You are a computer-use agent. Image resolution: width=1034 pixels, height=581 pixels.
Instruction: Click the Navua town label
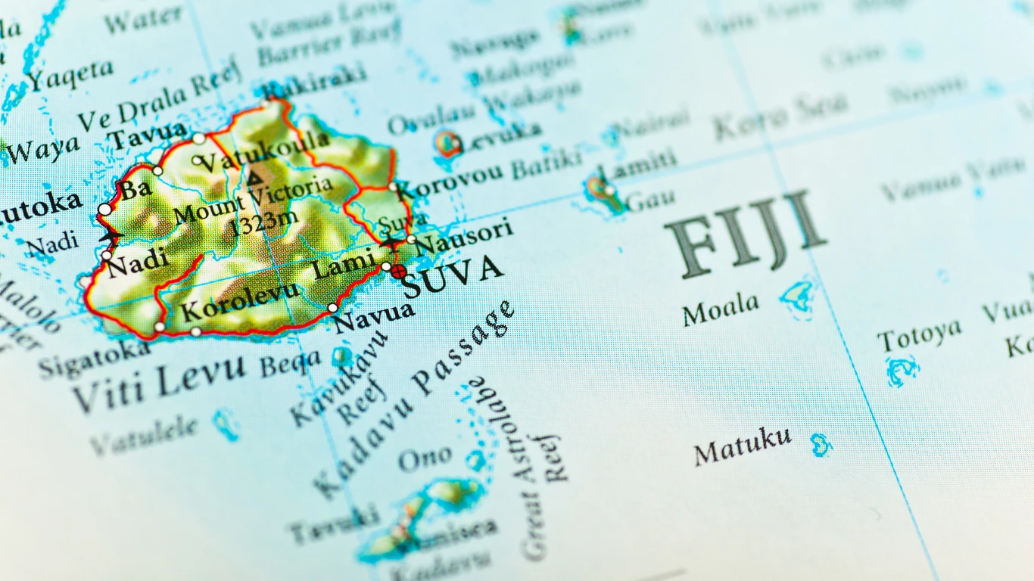click(x=373, y=316)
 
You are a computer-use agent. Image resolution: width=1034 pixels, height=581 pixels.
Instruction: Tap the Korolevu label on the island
click(x=240, y=302)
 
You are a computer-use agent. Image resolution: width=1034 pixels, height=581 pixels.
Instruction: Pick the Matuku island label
click(x=743, y=446)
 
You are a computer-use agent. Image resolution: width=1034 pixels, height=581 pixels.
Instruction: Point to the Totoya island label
click(x=919, y=335)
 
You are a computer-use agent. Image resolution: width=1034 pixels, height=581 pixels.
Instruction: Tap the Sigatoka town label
click(x=95, y=359)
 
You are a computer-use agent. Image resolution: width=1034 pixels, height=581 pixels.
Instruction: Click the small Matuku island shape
click(x=820, y=444)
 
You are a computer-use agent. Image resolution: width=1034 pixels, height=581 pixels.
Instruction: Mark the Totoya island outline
click(x=902, y=370)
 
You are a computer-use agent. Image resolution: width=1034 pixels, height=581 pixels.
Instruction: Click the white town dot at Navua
click(x=332, y=308)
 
